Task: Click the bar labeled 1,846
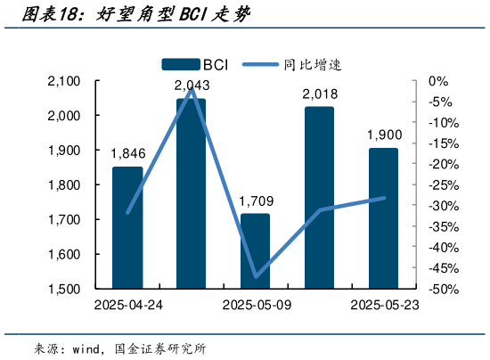127,227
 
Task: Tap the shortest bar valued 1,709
255,250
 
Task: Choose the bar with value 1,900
383,218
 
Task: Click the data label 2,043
192,86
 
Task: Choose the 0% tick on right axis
437,81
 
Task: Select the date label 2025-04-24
127,306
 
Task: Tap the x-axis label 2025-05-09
255,306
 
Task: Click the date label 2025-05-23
383,306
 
